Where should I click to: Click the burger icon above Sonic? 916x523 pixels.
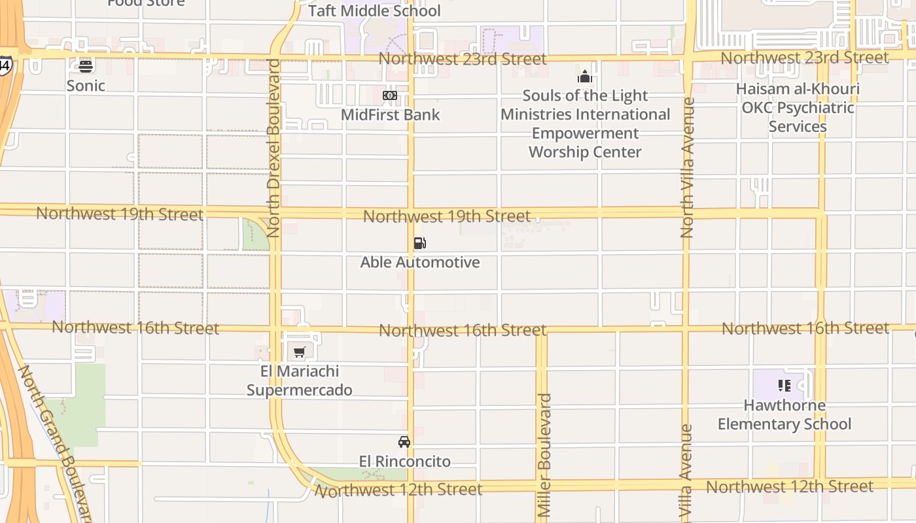coord(86,65)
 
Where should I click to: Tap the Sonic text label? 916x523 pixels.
coord(86,86)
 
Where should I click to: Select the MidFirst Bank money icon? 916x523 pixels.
coord(390,95)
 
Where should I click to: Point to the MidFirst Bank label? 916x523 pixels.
coord(391,115)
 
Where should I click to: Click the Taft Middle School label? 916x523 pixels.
coord(374,11)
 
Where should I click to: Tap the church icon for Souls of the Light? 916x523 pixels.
coord(585,76)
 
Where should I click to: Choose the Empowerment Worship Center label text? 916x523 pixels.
coord(585,143)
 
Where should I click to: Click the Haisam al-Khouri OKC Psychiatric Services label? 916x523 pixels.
coord(798,107)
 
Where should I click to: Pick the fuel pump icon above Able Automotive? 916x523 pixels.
coord(420,243)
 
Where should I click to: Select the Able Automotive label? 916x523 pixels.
coord(420,262)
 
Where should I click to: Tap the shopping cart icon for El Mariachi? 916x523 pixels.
coord(300,352)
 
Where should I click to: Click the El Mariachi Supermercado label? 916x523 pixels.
coord(300,380)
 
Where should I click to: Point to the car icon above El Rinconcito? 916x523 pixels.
coord(404,442)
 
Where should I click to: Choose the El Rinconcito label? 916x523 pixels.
coord(404,462)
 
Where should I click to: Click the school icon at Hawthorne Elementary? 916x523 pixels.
coord(784,386)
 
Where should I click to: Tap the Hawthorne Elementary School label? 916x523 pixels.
coord(784,414)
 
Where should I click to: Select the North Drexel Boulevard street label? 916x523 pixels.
coord(273,148)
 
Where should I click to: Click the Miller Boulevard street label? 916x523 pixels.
coord(544,455)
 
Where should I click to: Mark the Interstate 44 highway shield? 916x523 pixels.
coord(5,65)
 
